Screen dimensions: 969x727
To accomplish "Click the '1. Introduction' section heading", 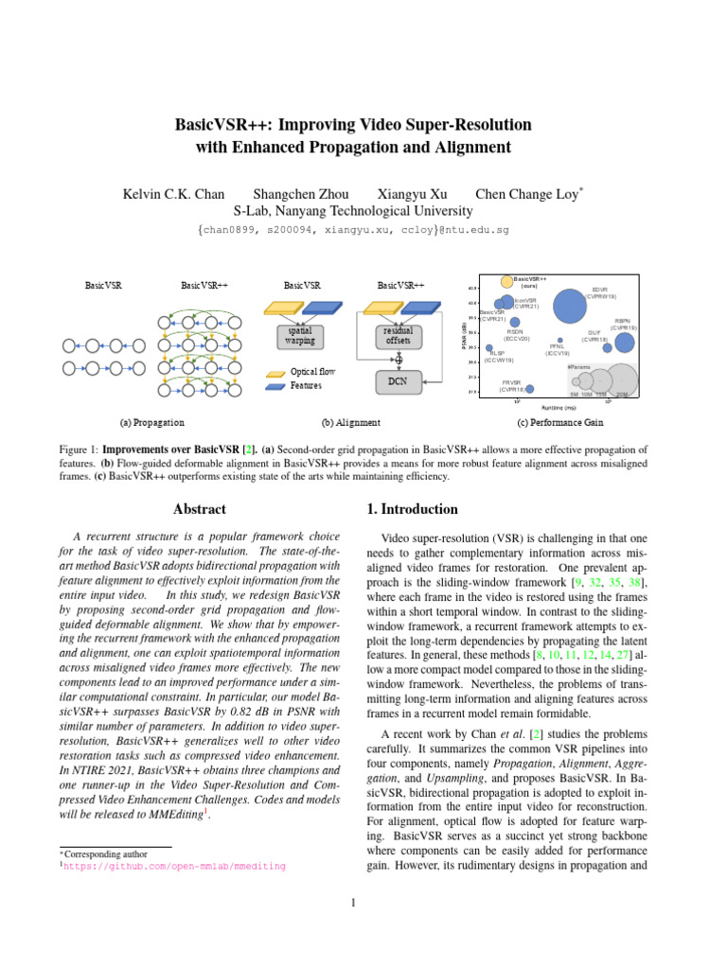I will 412,509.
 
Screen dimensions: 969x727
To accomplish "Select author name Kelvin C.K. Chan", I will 174,194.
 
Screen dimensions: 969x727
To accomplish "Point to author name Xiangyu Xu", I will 412,194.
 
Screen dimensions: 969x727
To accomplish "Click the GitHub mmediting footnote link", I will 174,865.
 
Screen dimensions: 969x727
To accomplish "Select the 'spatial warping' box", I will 302,336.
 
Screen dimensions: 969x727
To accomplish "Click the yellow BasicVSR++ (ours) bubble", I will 507,281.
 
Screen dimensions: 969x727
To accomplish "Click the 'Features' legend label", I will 306,386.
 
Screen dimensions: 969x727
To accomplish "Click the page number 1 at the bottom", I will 353,902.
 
